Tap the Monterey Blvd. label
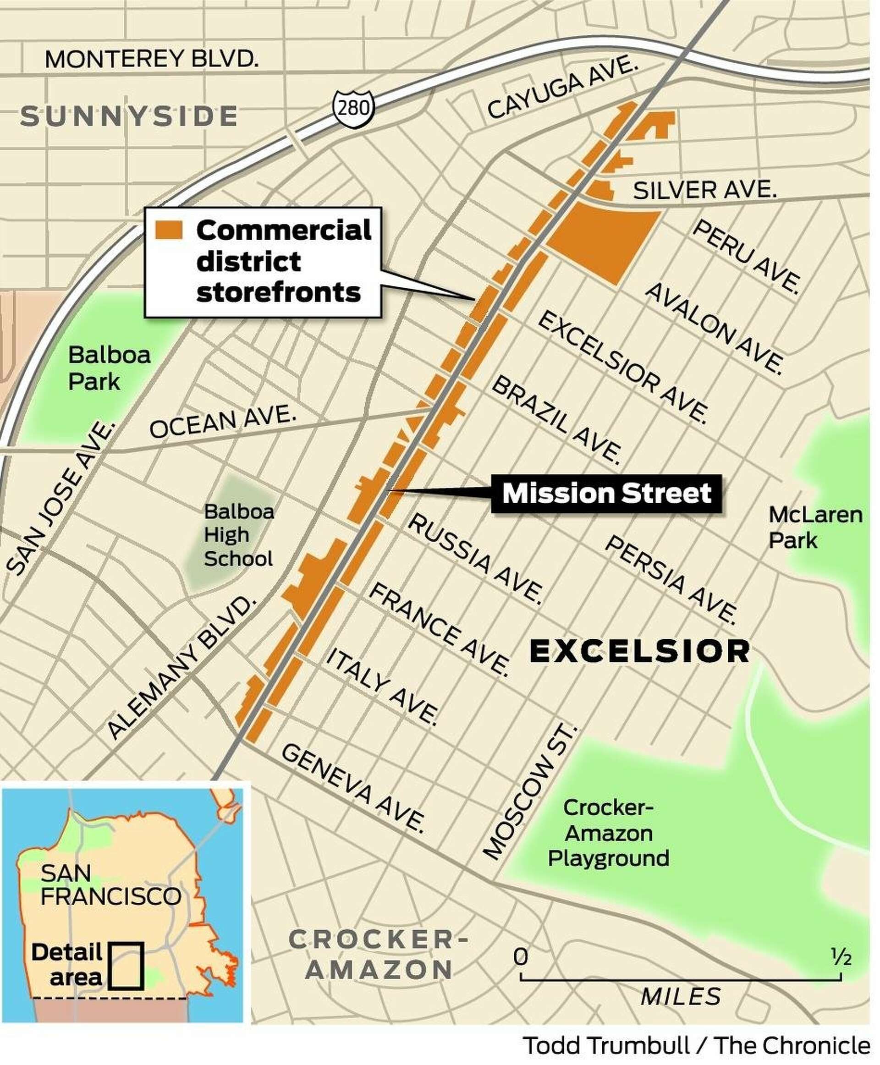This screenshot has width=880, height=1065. point(152,59)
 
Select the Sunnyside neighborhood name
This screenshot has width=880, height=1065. point(129,116)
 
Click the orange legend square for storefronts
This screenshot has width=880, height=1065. point(169,230)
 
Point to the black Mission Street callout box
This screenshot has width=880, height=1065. point(607,493)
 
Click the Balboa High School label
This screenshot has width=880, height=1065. point(238,535)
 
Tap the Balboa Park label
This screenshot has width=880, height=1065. point(109,368)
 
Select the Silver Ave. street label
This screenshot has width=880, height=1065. point(704,190)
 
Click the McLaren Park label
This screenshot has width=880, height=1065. point(814,527)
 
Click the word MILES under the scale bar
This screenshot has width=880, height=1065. point(680,997)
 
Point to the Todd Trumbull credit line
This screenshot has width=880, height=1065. point(697,1045)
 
